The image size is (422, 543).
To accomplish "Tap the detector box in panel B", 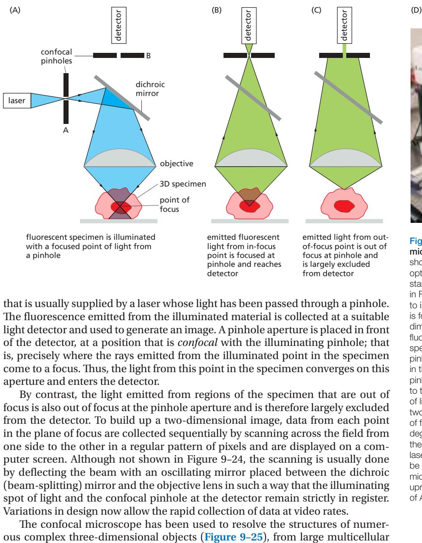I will (248, 25).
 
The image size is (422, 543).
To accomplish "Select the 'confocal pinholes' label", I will (56, 56).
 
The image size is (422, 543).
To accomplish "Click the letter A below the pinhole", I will (66, 131).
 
